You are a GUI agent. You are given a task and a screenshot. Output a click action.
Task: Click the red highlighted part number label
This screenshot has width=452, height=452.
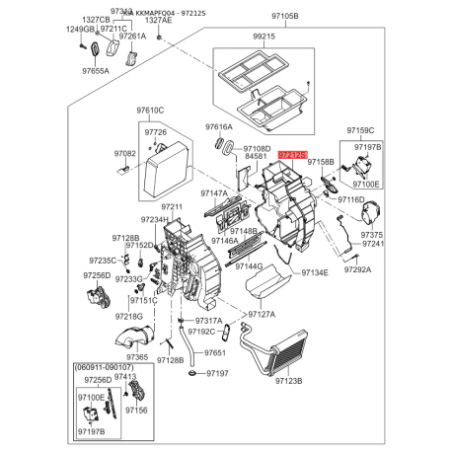coord(292,155)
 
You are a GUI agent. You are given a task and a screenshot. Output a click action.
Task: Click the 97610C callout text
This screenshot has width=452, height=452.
coord(150,111)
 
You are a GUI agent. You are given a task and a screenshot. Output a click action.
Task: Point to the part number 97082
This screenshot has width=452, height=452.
coord(124,154)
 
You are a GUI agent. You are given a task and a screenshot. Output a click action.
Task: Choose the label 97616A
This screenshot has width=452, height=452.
coord(219,127)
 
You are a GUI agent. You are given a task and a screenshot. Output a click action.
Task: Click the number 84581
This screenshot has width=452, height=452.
coord(256,156)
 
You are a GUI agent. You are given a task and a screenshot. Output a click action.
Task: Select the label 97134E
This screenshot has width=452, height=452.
coord(314,272)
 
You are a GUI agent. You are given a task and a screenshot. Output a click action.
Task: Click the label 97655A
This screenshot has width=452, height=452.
coord(96,71)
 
